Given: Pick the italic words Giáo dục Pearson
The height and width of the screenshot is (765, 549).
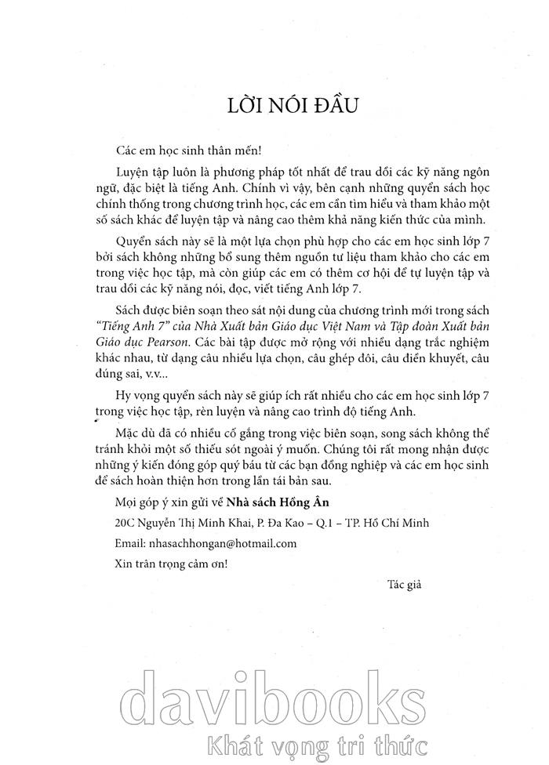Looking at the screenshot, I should point(155,364).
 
